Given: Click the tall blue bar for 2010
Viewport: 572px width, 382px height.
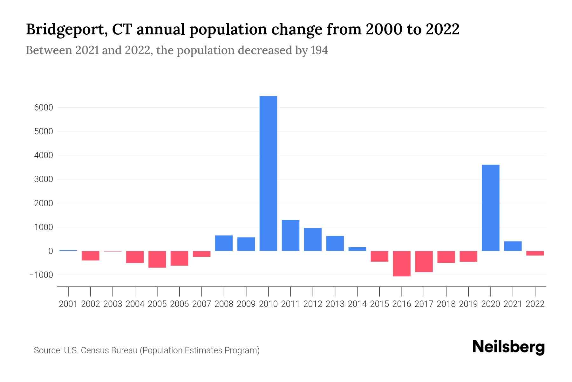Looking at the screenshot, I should pos(268,173).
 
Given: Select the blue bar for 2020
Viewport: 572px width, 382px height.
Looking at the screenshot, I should pos(490,208).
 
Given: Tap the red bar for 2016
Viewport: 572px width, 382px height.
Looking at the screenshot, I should pos(402,263).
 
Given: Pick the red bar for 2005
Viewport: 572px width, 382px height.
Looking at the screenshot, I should pos(157,259).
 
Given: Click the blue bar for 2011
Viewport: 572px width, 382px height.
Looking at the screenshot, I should pos(290,235).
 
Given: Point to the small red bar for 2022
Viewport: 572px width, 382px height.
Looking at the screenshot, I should pos(535,253).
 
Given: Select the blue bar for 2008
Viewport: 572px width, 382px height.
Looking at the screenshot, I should pos(224,243).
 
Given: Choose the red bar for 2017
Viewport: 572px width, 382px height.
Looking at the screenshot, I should pos(424,261).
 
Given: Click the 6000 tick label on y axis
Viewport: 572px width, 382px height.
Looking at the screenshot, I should pos(44,108).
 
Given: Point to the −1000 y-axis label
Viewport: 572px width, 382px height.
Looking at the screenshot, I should pos(41,275).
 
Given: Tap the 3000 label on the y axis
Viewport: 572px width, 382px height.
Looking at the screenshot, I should pos(44,179).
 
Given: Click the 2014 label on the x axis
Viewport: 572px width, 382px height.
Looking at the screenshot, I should pos(357,304).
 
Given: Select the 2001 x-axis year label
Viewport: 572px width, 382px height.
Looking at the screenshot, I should pos(68,304).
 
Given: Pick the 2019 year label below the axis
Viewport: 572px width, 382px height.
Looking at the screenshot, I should pos(468,304).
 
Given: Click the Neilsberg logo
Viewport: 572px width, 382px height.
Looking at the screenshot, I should pos(508,347).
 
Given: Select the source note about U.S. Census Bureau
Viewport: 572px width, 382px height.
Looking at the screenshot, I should pos(146,350).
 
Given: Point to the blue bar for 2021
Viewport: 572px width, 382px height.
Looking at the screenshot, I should pos(513,246).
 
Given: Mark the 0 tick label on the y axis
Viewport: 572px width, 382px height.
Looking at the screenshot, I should pos(51,251).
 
